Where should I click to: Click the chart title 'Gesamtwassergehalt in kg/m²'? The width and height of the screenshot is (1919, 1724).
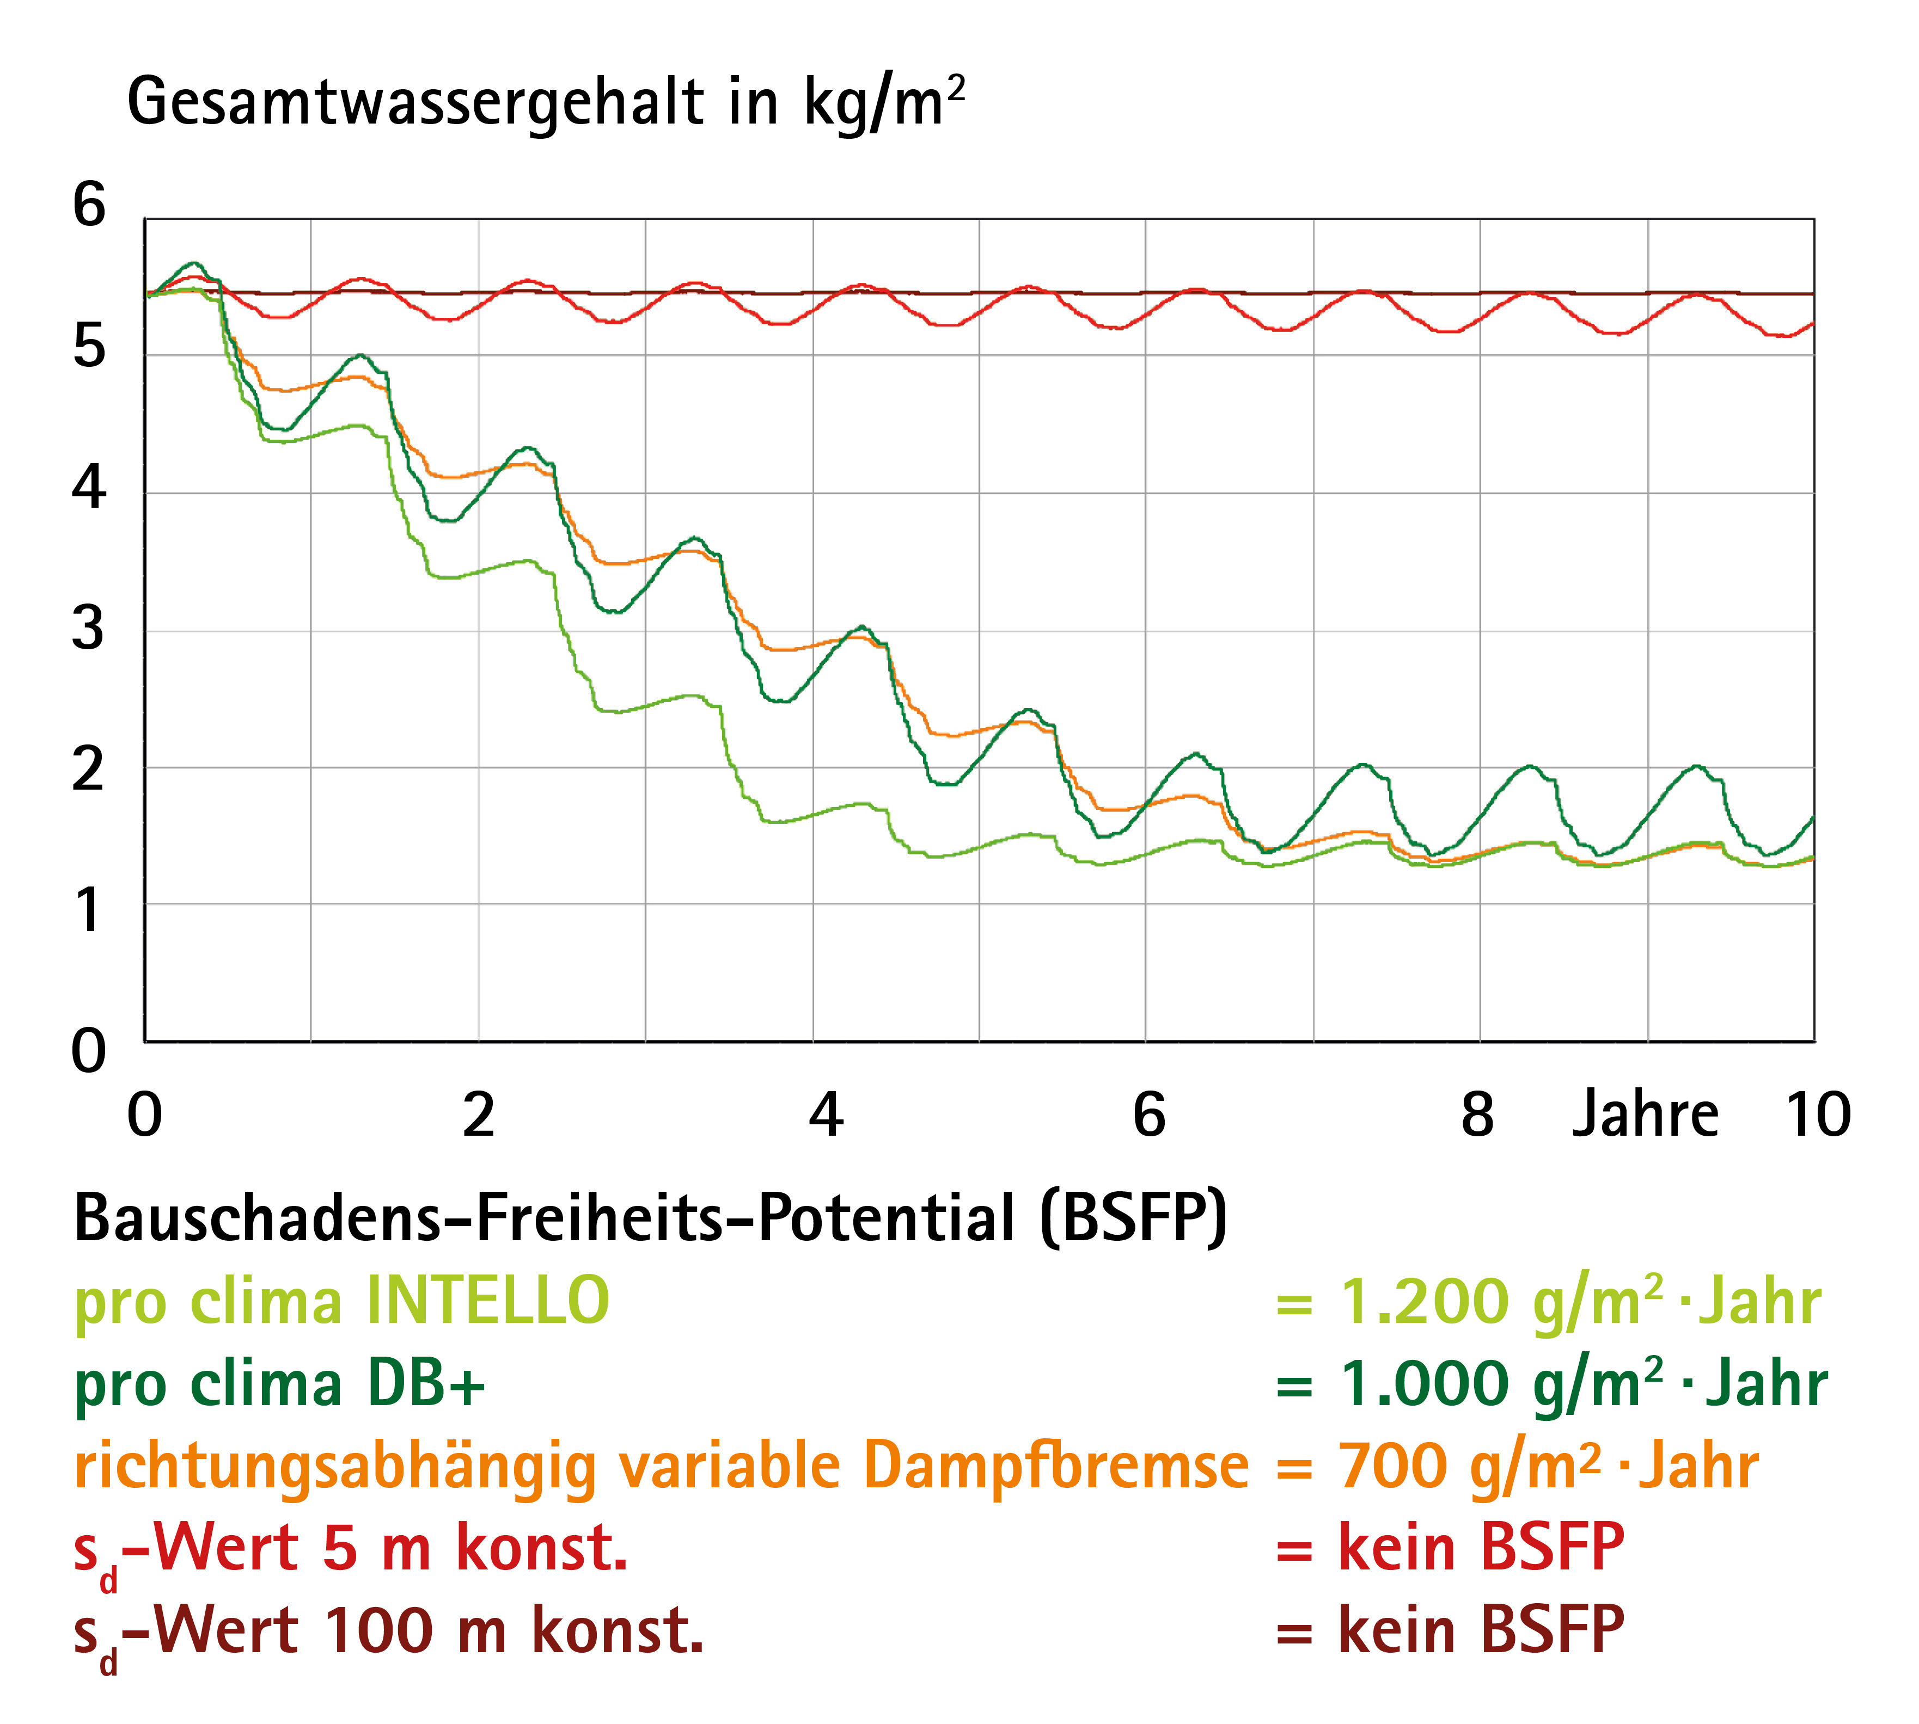coord(546,102)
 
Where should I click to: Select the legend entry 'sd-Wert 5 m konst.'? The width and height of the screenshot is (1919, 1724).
coord(351,1550)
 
